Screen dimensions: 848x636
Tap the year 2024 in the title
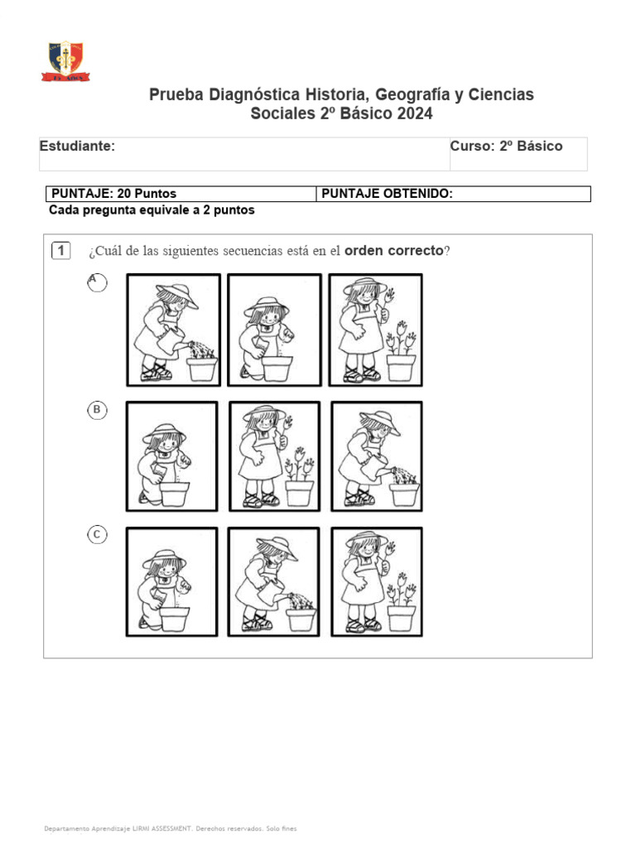[413, 114]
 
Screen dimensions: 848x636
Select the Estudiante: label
[78, 147]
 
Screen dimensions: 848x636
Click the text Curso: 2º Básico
[506, 147]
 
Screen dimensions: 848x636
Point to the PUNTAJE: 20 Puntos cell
[114, 194]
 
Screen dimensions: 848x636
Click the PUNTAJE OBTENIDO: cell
[387, 194]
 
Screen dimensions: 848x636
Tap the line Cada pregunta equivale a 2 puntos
[152, 210]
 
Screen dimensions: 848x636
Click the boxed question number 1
[61, 251]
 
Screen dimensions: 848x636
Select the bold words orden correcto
[394, 251]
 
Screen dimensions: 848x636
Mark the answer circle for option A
[97, 283]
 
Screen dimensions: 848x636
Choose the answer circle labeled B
[97, 409]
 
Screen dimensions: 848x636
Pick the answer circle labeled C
[97, 535]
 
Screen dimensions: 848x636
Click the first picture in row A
[173, 330]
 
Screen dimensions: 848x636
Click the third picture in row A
[375, 330]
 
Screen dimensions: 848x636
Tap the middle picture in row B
[274, 456]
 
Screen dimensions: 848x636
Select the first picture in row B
[172, 456]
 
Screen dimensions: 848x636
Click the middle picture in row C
[274, 582]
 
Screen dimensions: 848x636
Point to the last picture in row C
[376, 582]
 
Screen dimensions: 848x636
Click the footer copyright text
[170, 828]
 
